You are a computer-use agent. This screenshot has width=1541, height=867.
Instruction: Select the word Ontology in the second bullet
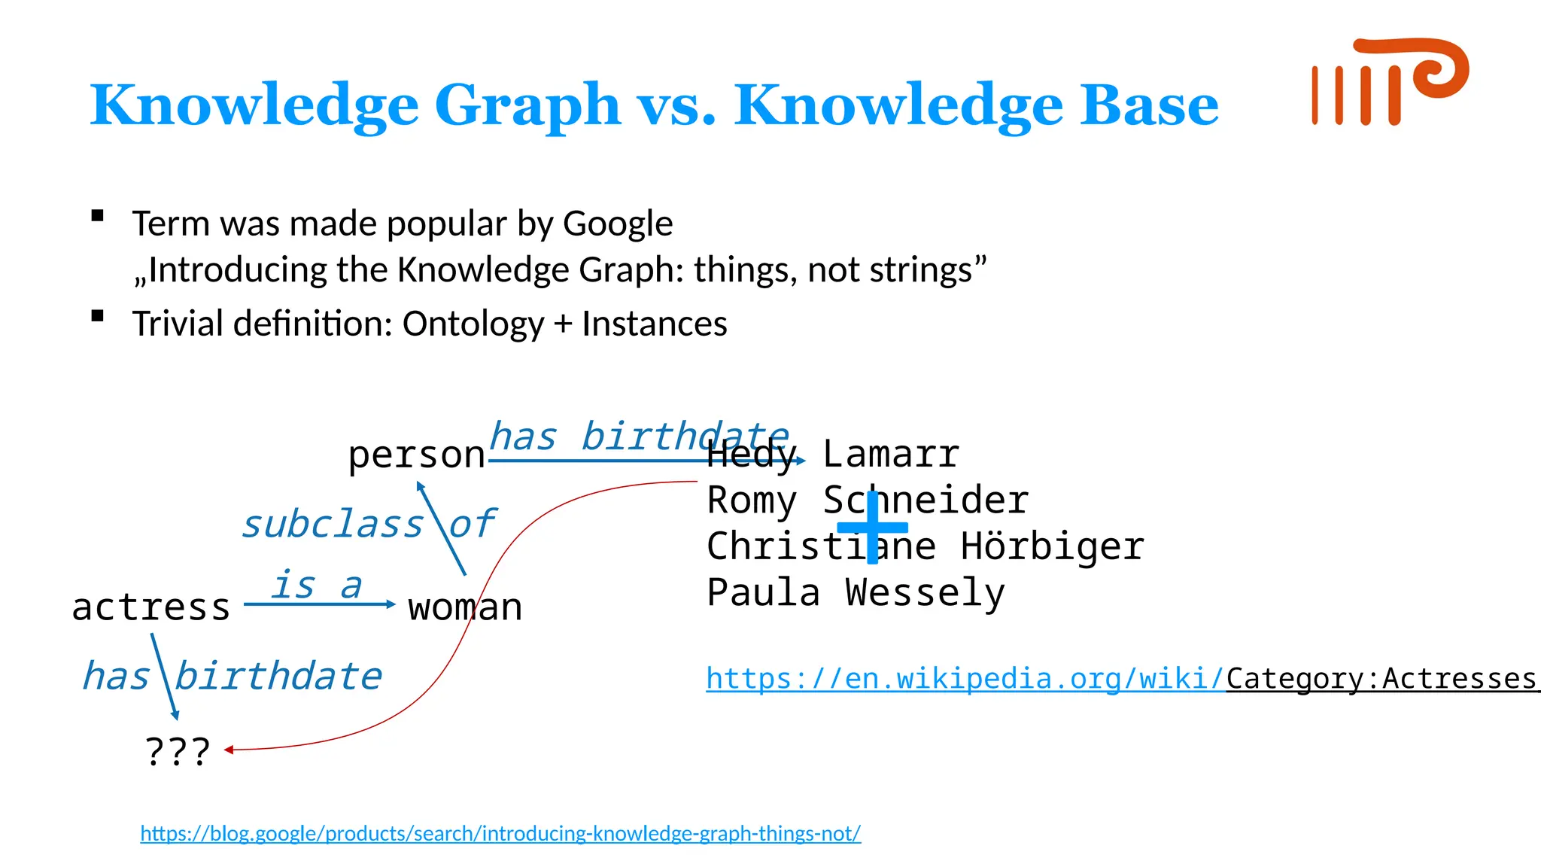[x=473, y=324]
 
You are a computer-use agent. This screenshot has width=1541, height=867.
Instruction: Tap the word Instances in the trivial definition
[x=654, y=324]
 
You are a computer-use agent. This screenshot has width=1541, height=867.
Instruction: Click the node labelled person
[x=416, y=455]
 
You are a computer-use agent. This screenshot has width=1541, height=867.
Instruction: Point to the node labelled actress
[x=150, y=607]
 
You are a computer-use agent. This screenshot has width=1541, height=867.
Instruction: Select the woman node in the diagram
[x=465, y=607]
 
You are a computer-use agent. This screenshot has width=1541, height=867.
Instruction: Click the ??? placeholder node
[x=178, y=750]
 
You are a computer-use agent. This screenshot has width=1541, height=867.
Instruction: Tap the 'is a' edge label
[x=317, y=585]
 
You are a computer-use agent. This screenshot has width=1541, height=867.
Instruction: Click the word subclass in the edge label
[x=332, y=524]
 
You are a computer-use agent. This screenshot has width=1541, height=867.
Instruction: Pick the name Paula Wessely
[x=856, y=593]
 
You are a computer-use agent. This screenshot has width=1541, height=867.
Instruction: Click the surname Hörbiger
[x=1052, y=546]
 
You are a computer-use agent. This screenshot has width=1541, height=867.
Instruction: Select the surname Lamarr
[x=891, y=454]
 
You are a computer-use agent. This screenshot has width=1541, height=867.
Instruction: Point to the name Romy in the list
[x=751, y=500]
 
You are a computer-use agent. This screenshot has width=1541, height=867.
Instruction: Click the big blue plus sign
[x=872, y=527]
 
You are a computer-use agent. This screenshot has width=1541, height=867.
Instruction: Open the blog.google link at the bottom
[x=500, y=833]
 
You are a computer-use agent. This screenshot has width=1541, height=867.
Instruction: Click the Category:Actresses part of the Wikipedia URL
[x=1381, y=679]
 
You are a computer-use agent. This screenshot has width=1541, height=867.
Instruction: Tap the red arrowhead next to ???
[x=229, y=750]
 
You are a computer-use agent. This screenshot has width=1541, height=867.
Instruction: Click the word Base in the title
[x=1149, y=105]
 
